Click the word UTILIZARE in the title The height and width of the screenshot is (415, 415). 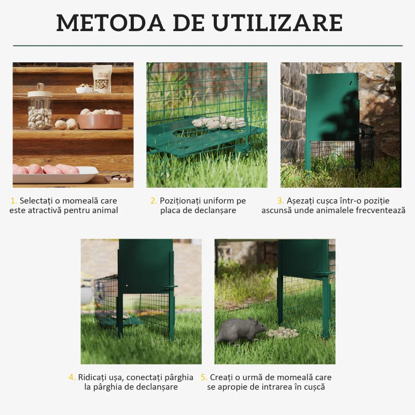(x=278, y=23)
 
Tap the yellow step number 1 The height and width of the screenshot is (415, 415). (x=13, y=201)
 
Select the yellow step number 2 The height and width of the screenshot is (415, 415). (x=154, y=201)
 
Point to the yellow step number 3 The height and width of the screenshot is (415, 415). (x=280, y=201)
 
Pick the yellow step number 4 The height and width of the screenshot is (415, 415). (x=72, y=377)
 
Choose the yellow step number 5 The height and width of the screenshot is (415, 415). (x=204, y=377)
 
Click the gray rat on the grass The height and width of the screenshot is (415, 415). (x=240, y=331)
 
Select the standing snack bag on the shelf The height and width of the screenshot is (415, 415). (x=102, y=78)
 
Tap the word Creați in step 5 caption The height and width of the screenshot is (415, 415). (x=222, y=377)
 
